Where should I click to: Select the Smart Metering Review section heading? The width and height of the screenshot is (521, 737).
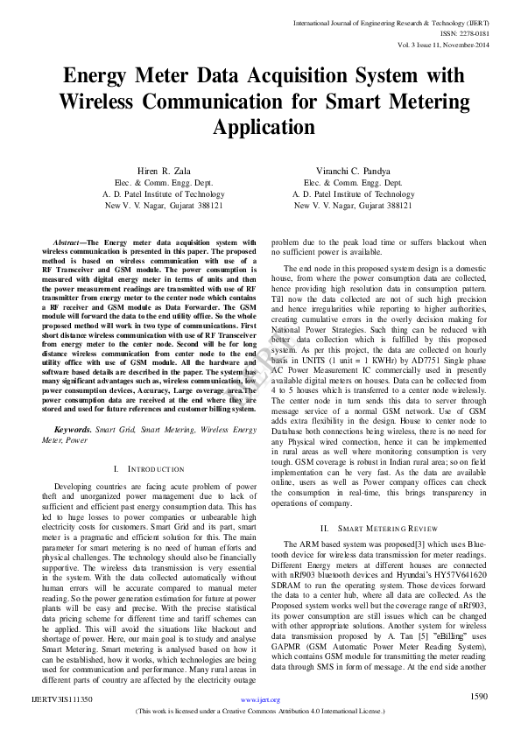(x=366, y=528)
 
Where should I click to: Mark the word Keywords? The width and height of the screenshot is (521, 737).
(x=73, y=430)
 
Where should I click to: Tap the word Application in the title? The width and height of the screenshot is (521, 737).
(x=259, y=127)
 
